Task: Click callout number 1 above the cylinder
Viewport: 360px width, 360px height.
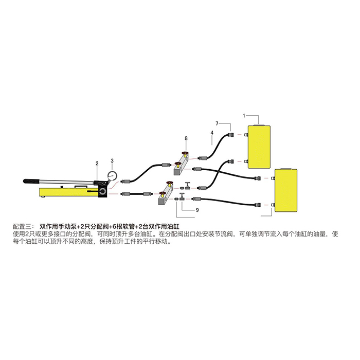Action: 244,116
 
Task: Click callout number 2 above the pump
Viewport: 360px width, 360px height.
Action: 97,163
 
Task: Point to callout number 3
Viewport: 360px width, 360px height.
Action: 112,160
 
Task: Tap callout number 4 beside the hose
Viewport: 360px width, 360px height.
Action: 212,133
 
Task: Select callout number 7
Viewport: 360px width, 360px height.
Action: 217,123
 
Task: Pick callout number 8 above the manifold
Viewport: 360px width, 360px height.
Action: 186,138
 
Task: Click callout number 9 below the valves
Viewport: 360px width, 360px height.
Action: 197,210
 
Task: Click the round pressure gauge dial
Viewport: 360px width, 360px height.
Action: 112,176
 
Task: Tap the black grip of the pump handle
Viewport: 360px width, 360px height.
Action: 32,181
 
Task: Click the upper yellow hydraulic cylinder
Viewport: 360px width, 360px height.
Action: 259,147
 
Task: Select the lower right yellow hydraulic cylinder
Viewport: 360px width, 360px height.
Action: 286,190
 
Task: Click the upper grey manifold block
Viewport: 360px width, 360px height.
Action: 181,165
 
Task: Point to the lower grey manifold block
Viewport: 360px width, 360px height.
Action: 166,193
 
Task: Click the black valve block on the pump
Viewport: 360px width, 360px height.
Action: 103,191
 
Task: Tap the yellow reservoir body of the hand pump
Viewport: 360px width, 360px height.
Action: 69,192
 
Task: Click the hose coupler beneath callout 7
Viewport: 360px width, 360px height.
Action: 230,134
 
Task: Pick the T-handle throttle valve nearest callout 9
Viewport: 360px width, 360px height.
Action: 183,197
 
